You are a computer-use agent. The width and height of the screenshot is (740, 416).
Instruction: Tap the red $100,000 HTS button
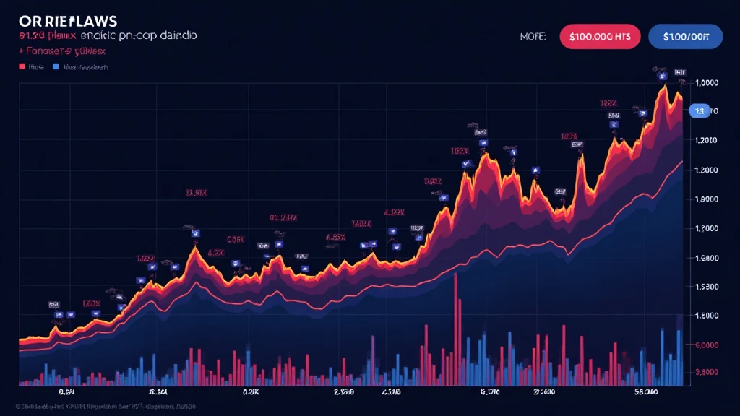tap(599, 36)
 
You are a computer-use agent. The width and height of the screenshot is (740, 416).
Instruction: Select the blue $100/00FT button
tap(685, 36)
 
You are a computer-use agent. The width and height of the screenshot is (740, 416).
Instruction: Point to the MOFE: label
tap(533, 36)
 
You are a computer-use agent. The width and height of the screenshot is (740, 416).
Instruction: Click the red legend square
tap(21, 67)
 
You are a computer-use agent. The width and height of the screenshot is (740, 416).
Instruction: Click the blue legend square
tap(55, 67)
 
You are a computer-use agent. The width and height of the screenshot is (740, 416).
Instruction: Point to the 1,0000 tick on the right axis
tap(705, 82)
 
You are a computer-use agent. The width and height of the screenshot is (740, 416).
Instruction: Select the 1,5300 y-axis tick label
tap(705, 287)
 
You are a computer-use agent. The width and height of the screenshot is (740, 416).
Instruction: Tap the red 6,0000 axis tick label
tap(705, 345)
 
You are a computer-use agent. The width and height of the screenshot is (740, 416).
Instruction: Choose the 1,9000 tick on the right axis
tap(705, 199)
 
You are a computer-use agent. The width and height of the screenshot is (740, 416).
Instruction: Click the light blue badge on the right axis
tap(699, 110)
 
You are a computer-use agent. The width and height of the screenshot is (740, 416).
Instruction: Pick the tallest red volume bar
tap(456, 329)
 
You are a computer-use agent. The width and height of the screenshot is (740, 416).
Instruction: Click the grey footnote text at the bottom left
tap(101, 407)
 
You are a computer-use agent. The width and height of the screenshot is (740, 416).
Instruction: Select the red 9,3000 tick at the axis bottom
tap(705, 372)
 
